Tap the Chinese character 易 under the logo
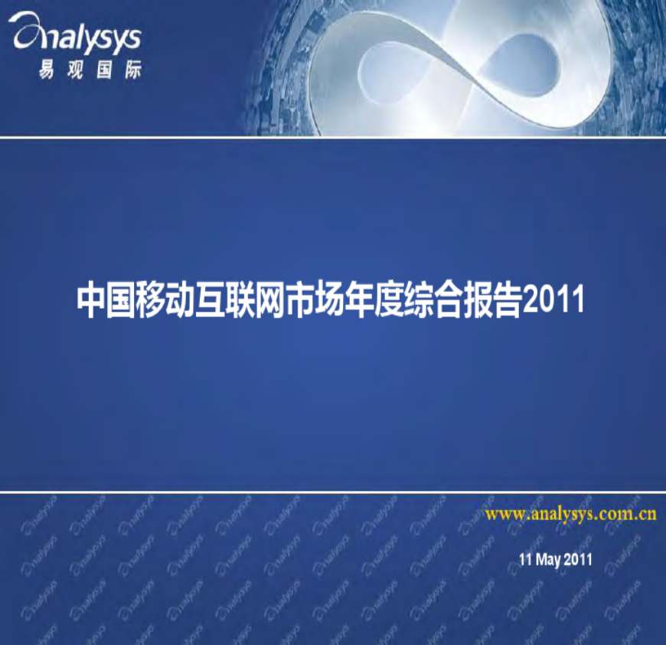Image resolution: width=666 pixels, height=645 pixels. [46, 69]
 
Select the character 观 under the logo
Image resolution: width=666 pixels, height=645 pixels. [75, 69]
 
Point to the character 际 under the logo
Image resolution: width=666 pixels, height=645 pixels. [133, 69]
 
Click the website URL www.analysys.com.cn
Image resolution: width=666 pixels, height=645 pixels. [571, 514]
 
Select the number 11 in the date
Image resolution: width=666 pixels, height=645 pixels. [525, 558]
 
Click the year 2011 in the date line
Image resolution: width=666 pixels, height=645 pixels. [578, 558]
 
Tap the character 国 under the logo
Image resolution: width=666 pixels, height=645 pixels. [104, 69]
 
